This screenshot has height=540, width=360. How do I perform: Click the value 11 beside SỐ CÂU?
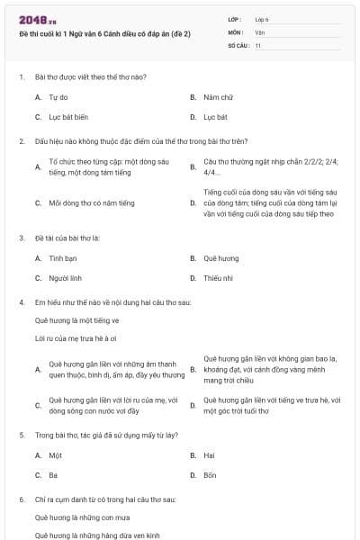coord(258,44)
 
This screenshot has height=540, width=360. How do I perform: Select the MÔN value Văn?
coord(260,31)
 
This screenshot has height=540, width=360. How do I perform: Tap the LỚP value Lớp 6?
coord(263,19)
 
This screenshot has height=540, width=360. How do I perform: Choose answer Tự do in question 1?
coord(58,96)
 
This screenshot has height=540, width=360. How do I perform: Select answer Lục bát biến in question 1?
coord(68,117)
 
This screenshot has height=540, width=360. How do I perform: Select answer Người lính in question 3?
coord(66,279)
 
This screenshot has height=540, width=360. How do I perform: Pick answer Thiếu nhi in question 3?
coord(218,279)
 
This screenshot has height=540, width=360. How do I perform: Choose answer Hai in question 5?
coord(210,455)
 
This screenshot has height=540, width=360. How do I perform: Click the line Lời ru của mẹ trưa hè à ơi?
coord(76,337)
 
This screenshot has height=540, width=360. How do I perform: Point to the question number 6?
coord(21,499)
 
